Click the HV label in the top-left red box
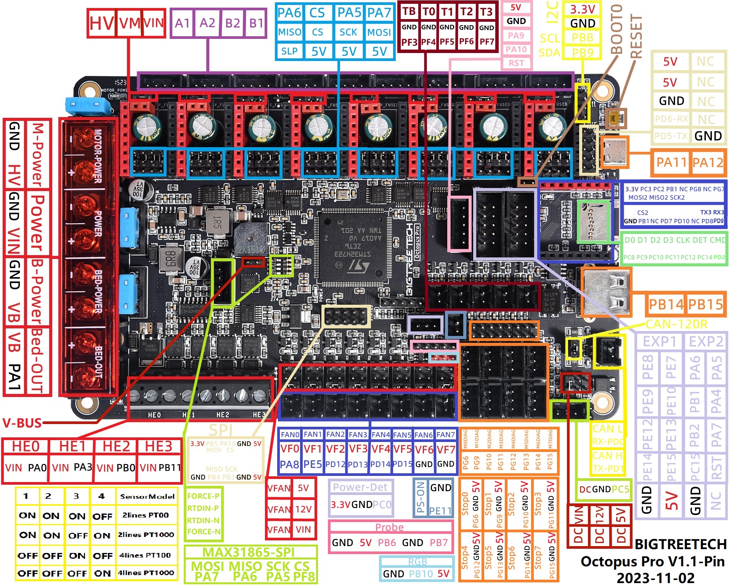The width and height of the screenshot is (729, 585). coord(101,23)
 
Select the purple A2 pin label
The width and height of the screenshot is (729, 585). coord(207,23)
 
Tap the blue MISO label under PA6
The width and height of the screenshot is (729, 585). coord(289,32)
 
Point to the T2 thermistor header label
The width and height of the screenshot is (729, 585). coord(466,12)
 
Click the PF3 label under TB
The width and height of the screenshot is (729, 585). coord(409,42)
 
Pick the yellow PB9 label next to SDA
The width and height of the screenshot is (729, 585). coord(582,52)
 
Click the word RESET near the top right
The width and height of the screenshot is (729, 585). coord(636,36)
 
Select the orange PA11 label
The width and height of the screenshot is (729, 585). coord(671,162)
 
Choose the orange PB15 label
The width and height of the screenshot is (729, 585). coord(705,304)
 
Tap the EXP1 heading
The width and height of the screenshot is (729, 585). coord(660,342)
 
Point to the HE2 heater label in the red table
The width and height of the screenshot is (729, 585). coord(116,446)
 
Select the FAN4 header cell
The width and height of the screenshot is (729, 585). coord(381,435)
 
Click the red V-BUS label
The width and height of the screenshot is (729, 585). coord(22,423)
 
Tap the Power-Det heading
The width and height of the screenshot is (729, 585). coord(360,487)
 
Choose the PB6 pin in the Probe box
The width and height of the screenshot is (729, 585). coord(387,543)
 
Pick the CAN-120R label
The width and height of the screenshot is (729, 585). coord(676,325)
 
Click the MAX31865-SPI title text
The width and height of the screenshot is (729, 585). coord(249,552)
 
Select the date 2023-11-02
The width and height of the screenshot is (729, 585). coord(655,578)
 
